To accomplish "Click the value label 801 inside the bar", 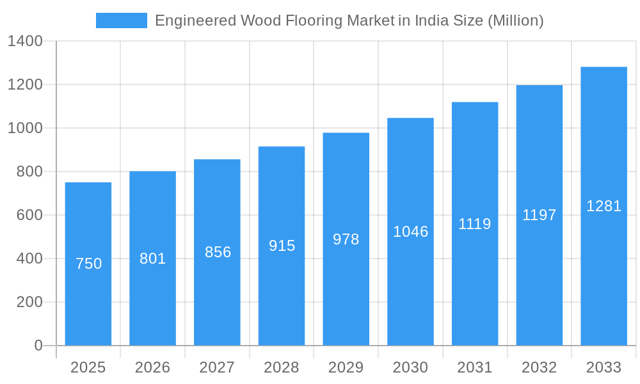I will coord(153,259).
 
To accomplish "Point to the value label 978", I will coord(346,239).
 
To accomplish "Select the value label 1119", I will coord(475,224).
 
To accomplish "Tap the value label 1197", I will coord(540,215).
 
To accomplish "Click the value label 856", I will coord(218,252).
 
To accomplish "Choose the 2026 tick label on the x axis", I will coord(153,367).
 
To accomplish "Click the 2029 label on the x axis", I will coord(346,367).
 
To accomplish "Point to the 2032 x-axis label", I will coord(540,367).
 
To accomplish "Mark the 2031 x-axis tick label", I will coord(475,367).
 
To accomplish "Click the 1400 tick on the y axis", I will coord(25,42).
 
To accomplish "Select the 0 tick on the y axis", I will coord(38,346).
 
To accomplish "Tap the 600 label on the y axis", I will coord(29,215).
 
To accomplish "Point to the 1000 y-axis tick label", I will coord(25,128).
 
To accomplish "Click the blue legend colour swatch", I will coord(122,20).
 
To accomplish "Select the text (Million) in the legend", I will coord(515,20).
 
